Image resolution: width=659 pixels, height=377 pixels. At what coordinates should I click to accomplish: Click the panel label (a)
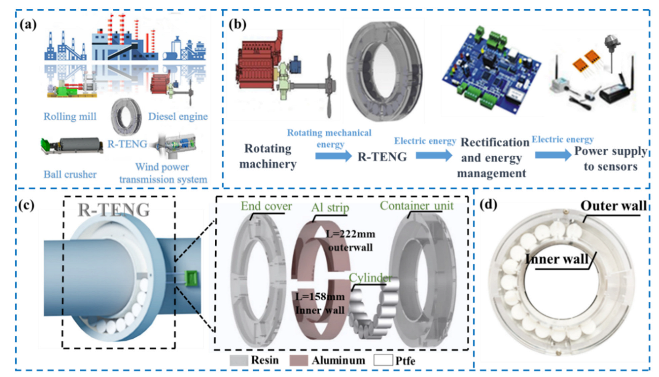[x=28, y=25]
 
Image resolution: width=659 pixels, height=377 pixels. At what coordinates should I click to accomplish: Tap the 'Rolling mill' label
[x=70, y=116]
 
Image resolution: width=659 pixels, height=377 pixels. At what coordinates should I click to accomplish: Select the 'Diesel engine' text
[x=178, y=116]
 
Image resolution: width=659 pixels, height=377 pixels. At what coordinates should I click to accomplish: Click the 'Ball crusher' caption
[x=70, y=174]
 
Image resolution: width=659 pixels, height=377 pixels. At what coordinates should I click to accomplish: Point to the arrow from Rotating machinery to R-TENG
[x=333, y=156]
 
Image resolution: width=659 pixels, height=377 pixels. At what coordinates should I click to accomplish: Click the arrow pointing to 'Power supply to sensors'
[x=553, y=155]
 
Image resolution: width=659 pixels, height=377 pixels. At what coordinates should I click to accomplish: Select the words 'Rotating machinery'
[x=268, y=156]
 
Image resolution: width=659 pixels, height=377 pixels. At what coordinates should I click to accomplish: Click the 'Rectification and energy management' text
[x=493, y=158]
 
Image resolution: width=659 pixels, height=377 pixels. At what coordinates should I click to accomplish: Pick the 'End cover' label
[x=266, y=206]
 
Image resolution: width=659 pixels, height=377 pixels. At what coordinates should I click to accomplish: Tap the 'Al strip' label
[x=330, y=207]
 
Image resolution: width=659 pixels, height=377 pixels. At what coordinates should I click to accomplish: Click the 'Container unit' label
[x=417, y=205]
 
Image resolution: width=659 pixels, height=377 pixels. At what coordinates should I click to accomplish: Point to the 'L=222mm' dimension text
[x=351, y=234]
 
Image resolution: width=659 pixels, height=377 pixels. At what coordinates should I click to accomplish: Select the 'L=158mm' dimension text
[x=320, y=297]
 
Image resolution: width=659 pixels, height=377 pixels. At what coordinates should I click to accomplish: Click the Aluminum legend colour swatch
[x=298, y=360]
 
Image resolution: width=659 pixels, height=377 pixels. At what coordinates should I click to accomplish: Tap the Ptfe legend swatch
[x=383, y=360]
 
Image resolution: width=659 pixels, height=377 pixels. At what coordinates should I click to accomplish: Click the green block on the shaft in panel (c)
[x=191, y=279]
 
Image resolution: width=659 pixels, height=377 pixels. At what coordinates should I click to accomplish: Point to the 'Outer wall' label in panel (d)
[x=613, y=206]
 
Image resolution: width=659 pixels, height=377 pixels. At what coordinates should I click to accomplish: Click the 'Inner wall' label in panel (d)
[x=556, y=259]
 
